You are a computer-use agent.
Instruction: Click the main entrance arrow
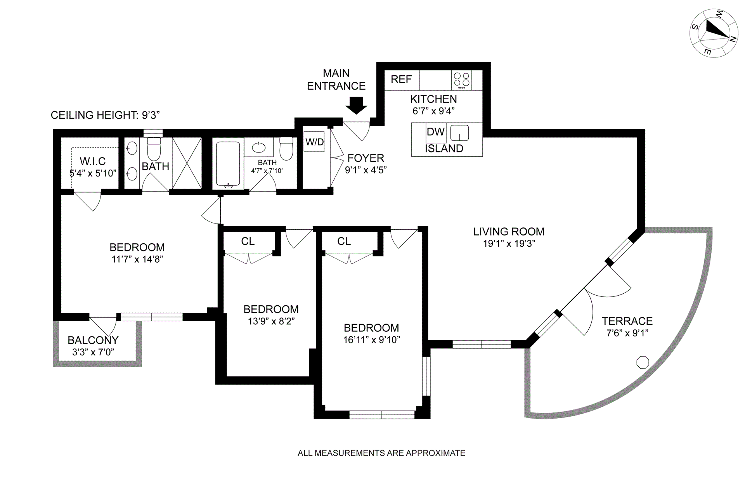[356, 105]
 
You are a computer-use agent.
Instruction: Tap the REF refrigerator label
[401, 80]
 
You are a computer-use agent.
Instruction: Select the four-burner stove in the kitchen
[461, 80]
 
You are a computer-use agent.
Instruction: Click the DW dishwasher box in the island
[435, 132]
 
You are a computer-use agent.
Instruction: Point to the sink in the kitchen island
[460, 133]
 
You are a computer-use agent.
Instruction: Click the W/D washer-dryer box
[314, 142]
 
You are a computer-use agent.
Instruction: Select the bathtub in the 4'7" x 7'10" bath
[228, 164]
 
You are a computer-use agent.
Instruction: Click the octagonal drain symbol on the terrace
[643, 362]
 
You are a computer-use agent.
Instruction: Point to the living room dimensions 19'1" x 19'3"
[509, 244]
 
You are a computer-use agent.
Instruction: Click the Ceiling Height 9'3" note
[105, 115]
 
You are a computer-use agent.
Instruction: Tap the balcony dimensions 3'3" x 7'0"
[93, 352]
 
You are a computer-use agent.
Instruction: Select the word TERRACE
[627, 321]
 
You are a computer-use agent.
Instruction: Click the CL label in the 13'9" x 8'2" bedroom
[248, 241]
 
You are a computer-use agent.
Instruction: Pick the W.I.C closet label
[93, 161]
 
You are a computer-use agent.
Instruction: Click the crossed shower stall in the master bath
[187, 163]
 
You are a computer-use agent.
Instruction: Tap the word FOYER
[366, 158]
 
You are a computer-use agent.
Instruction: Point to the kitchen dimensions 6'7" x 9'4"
[433, 111]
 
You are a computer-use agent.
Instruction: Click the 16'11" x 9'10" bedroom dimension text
[371, 340]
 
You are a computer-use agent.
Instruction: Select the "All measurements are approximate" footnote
[381, 453]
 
